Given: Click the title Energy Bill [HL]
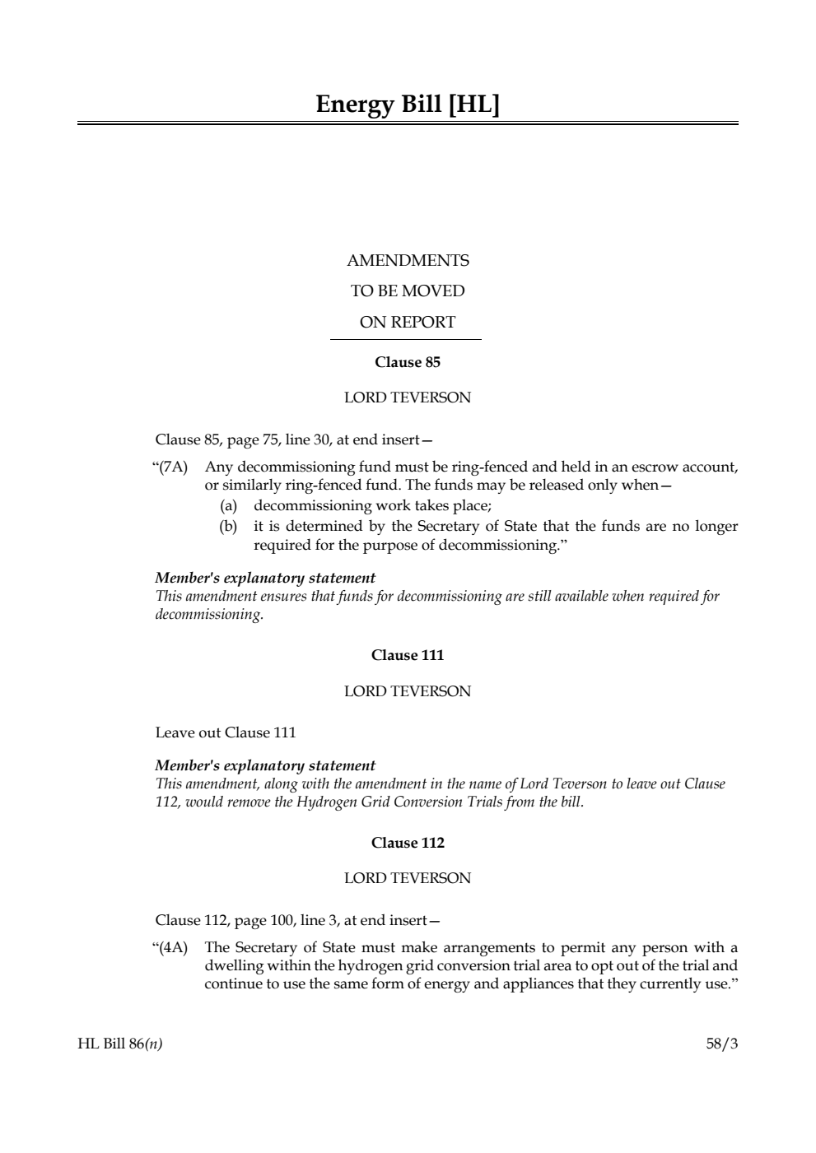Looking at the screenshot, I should coord(408,105).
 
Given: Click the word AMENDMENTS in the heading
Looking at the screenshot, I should coord(408,261).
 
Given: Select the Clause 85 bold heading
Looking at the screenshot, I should coord(408,362).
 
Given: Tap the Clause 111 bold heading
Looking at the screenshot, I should coord(408,655).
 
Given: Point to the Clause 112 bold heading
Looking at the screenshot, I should coord(408,843).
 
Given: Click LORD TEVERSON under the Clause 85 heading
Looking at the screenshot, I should coord(408,398).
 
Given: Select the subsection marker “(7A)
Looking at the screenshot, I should coord(170,467).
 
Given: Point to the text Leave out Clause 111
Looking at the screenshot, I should coord(226,732).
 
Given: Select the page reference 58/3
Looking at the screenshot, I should coord(722,1044).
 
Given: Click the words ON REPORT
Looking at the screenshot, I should coord(408,323).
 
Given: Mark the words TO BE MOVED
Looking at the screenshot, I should coord(408,291).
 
